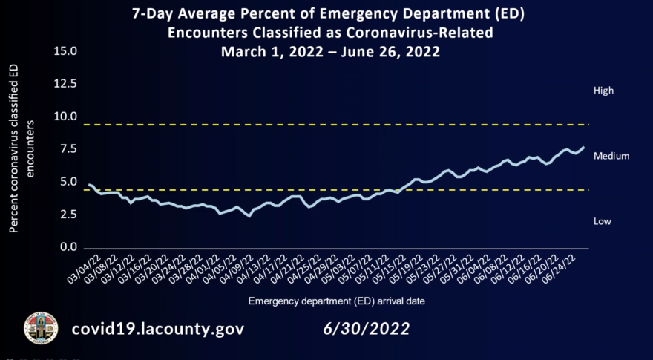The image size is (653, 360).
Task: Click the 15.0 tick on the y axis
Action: point(66,52)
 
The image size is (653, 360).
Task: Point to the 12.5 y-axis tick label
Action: point(66,84)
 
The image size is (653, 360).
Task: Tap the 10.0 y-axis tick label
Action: point(66,117)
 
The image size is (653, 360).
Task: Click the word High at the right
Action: point(603,91)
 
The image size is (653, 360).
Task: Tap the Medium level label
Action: point(611,156)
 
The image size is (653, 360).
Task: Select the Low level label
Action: point(603,221)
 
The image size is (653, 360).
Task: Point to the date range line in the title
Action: point(330,52)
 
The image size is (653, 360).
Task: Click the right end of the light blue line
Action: point(583,148)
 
